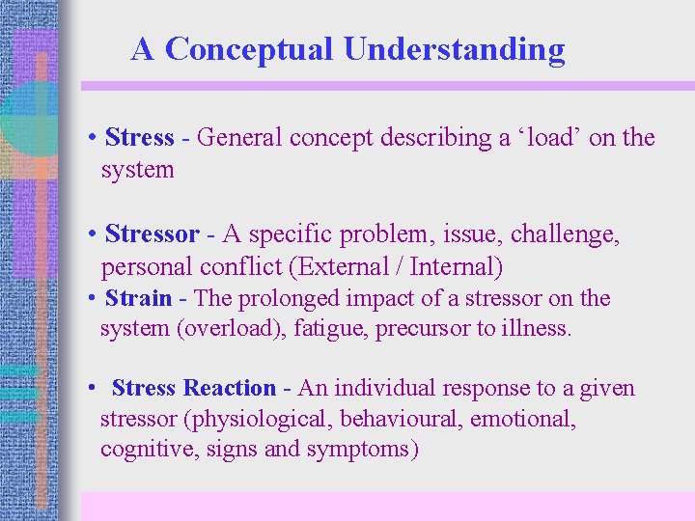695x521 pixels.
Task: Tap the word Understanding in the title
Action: (x=454, y=49)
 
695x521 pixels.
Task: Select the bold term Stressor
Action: (x=152, y=234)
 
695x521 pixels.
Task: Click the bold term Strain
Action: (x=138, y=298)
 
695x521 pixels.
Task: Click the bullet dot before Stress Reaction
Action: (x=89, y=388)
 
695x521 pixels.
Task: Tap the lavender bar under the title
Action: (x=386, y=86)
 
